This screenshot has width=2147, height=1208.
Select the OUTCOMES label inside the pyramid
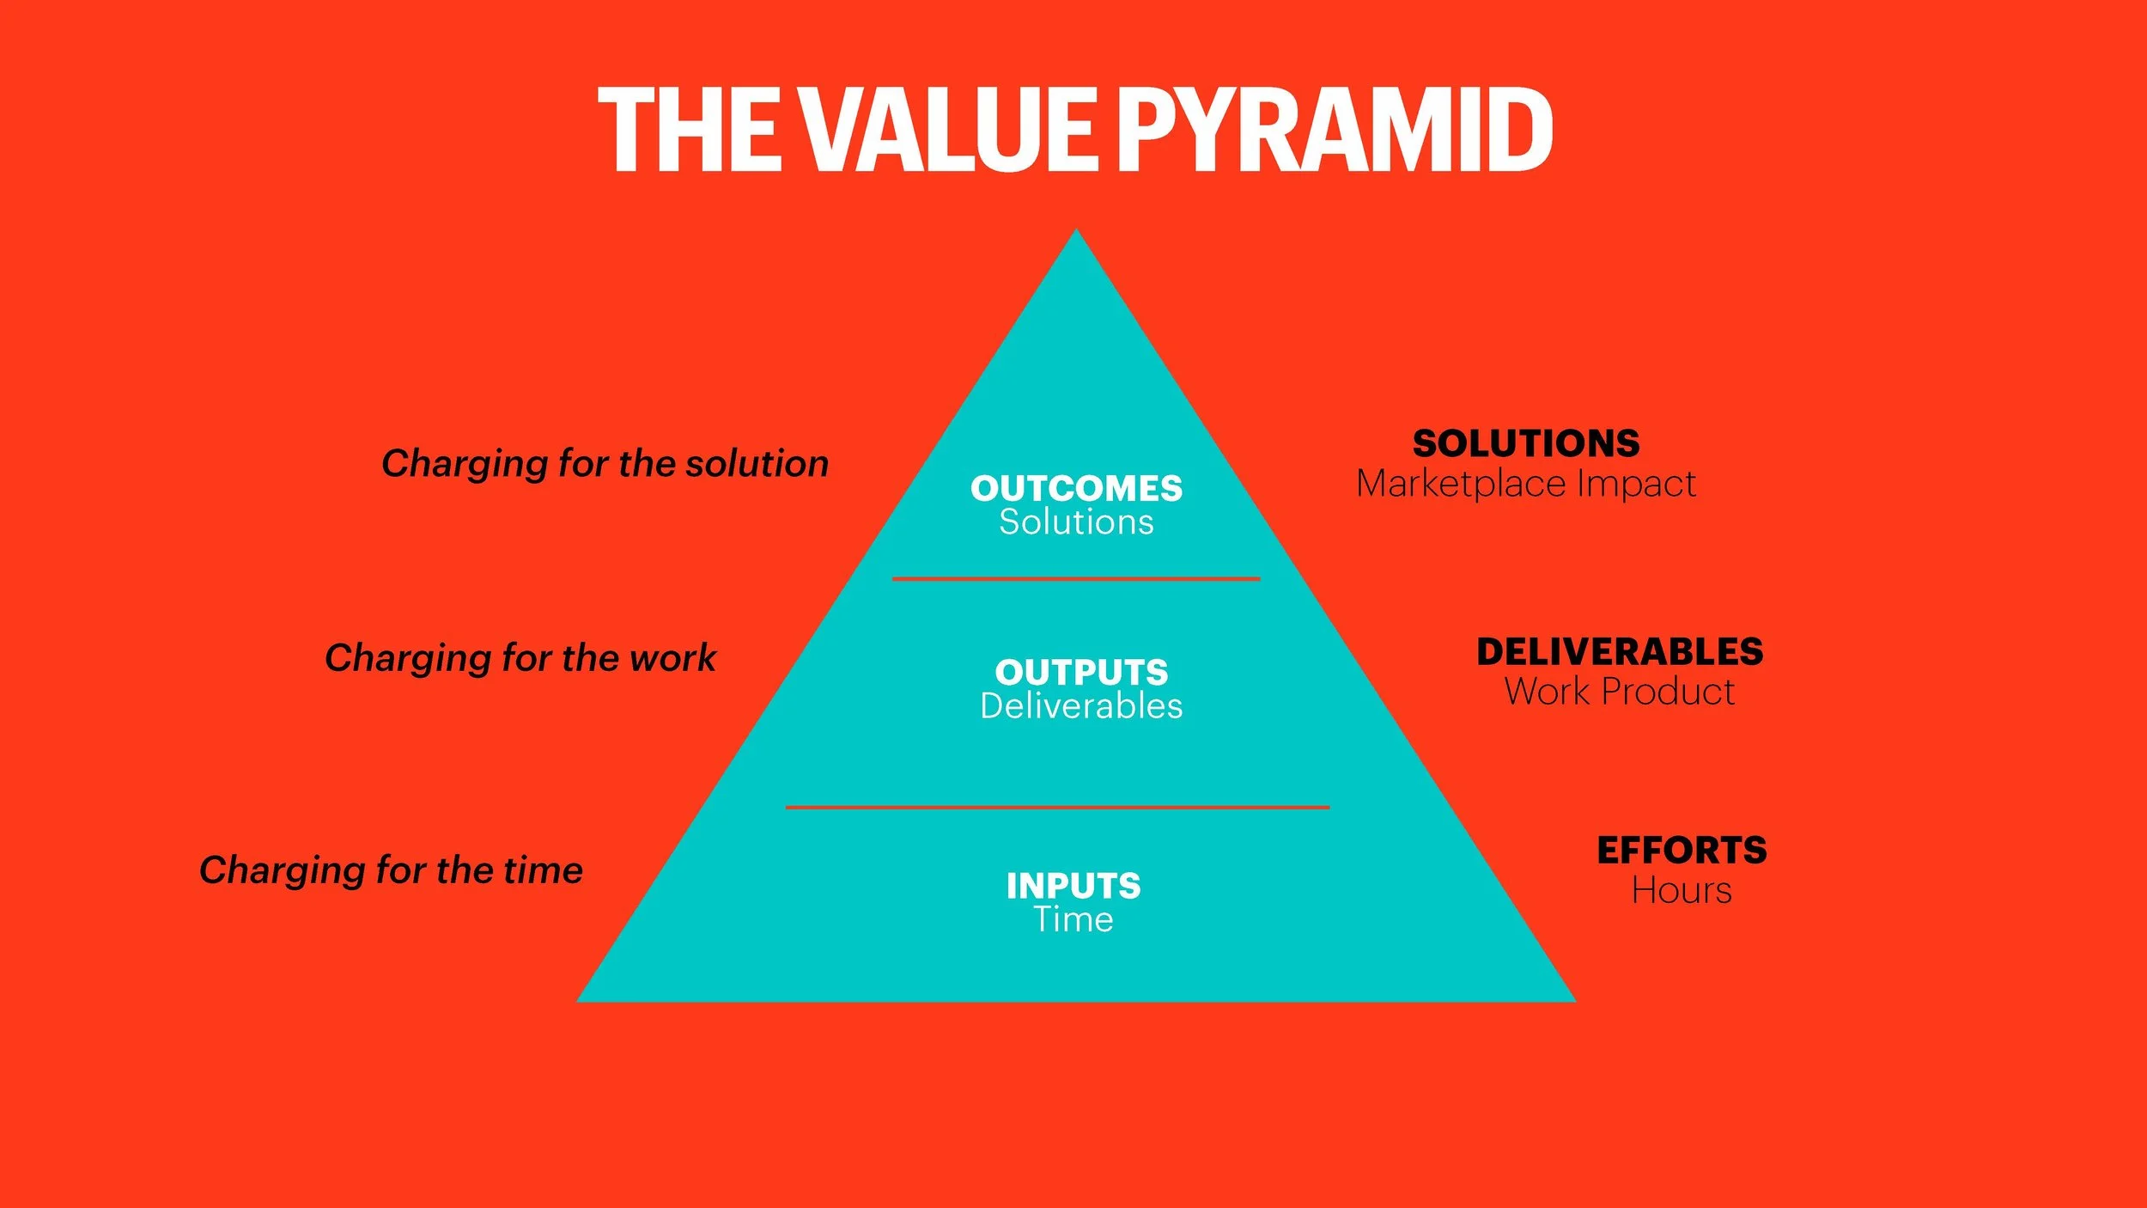[1076, 489]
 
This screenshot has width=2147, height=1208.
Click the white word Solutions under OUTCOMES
[1076, 522]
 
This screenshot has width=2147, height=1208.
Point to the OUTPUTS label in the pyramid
[1081, 672]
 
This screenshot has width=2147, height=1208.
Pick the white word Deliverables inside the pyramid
[1081, 706]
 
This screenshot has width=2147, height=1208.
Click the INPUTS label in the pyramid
[1073, 886]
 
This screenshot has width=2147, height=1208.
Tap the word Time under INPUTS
[1073, 920]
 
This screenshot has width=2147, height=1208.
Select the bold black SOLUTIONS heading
[1526, 444]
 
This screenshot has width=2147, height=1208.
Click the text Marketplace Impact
[1526, 484]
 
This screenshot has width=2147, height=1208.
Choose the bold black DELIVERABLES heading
[1620, 652]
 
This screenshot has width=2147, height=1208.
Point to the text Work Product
[1620, 692]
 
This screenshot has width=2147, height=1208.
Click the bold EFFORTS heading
[1682, 851]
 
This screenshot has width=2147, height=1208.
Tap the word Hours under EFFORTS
[1682, 891]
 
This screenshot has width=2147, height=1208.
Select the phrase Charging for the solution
[605, 464]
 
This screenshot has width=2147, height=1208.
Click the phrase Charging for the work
[520, 658]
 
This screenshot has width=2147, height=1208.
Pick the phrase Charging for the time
[391, 870]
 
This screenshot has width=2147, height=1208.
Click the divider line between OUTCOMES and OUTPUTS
[1076, 579]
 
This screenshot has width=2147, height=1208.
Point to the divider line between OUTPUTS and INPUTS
[1057, 808]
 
